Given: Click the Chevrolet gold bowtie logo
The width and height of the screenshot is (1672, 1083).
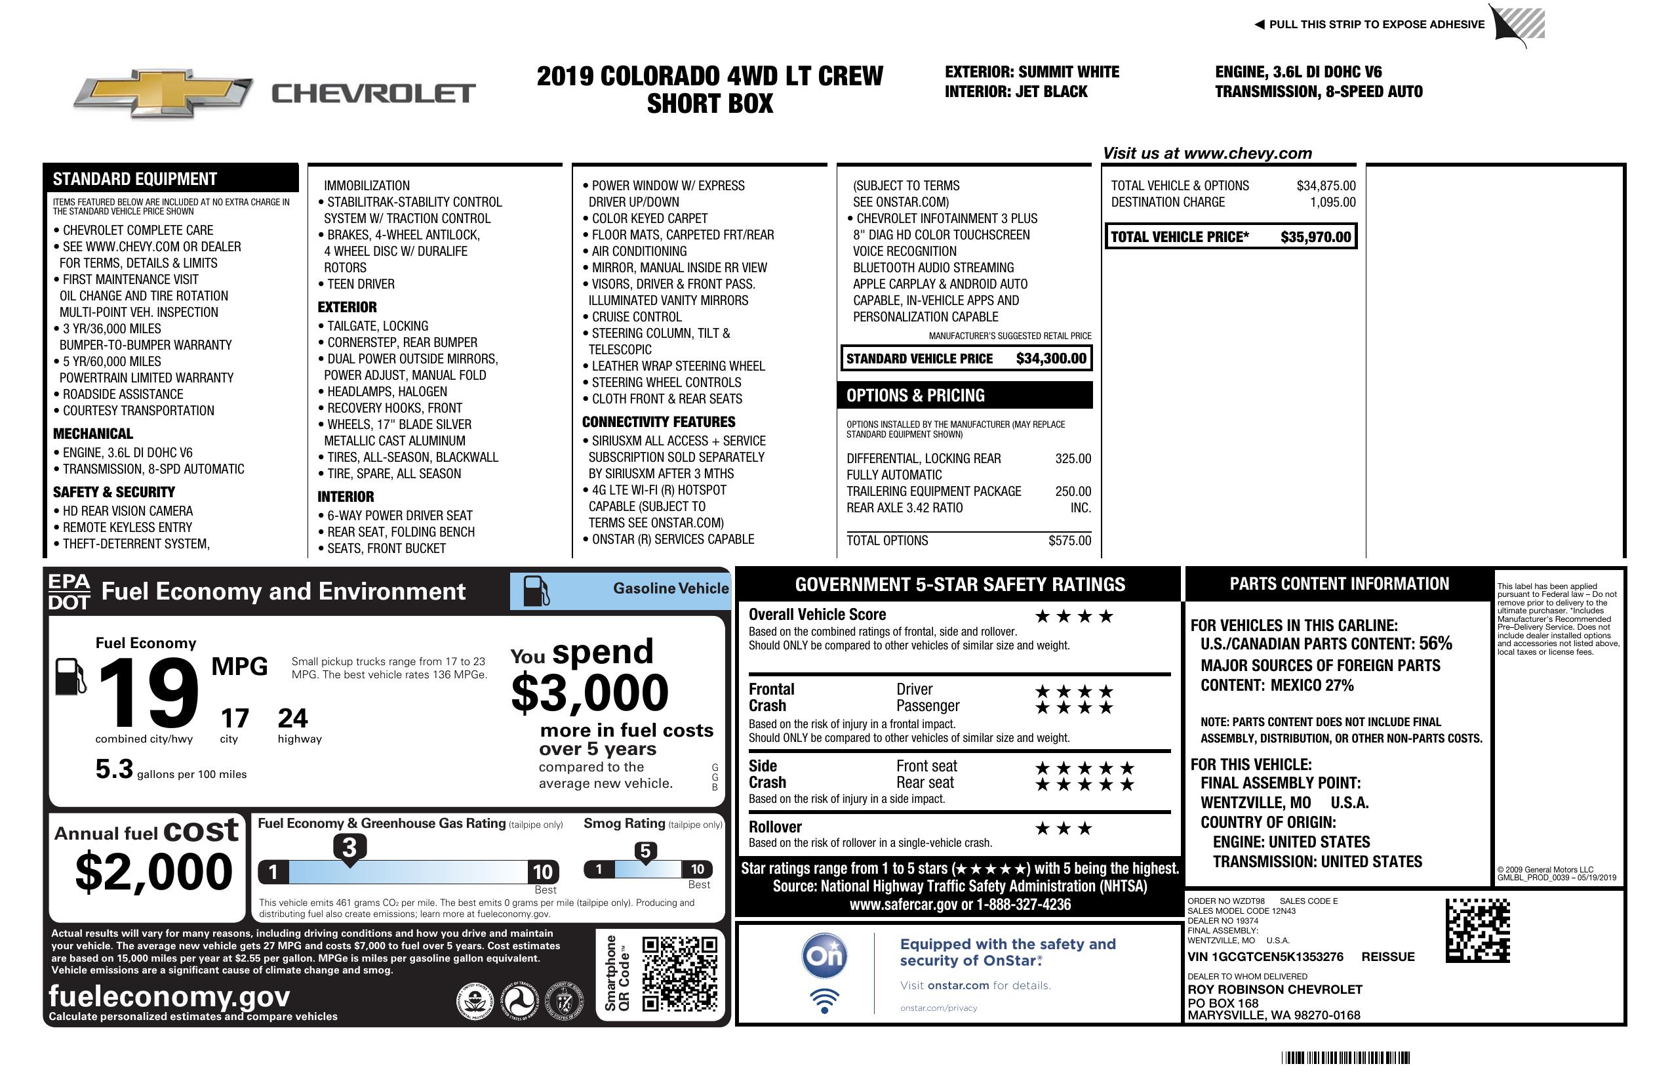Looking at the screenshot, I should tap(163, 92).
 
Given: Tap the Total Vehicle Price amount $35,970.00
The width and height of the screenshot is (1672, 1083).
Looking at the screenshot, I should tap(1315, 237).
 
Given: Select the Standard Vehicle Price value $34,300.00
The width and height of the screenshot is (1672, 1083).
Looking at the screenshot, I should tap(1051, 358).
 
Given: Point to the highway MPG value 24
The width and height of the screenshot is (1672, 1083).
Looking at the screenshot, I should tap(292, 718).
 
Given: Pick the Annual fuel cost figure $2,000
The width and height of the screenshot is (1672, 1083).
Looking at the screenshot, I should tap(153, 872).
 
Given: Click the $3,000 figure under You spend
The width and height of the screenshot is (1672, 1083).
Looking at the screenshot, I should tap(589, 693).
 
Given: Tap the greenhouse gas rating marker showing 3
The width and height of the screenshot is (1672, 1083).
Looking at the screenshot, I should tap(349, 848).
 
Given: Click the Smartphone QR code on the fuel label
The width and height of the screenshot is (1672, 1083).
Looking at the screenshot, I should tap(679, 973).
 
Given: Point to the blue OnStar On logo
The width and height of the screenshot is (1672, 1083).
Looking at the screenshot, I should tap(824, 956).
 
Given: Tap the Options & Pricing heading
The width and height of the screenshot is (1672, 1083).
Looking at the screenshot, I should tap(915, 396).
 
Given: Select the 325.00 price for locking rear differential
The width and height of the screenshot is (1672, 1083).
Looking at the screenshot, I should tap(1073, 459).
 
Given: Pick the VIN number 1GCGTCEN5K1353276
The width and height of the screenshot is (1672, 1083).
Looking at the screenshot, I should tap(1265, 956).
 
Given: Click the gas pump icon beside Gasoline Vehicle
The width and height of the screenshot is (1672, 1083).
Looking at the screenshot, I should tap(536, 591).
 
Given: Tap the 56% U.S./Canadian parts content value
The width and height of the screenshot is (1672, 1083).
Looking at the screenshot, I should tap(1435, 643).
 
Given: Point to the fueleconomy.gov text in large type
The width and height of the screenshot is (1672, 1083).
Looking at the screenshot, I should tap(169, 996).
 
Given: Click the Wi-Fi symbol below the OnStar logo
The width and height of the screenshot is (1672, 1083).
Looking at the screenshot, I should tap(824, 1000).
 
